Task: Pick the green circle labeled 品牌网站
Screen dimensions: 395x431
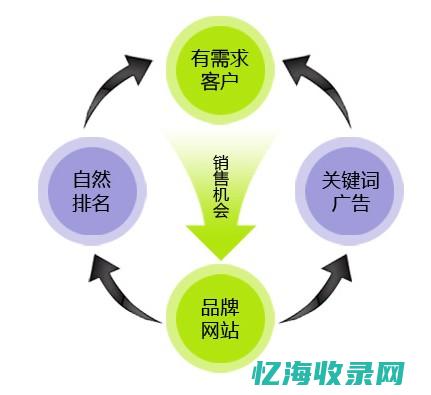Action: click(x=218, y=317)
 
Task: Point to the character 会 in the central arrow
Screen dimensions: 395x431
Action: click(x=219, y=218)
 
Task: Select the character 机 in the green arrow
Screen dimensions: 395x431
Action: click(x=219, y=199)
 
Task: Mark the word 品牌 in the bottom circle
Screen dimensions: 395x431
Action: click(x=218, y=306)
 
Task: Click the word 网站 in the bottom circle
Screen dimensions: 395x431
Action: click(x=218, y=329)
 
